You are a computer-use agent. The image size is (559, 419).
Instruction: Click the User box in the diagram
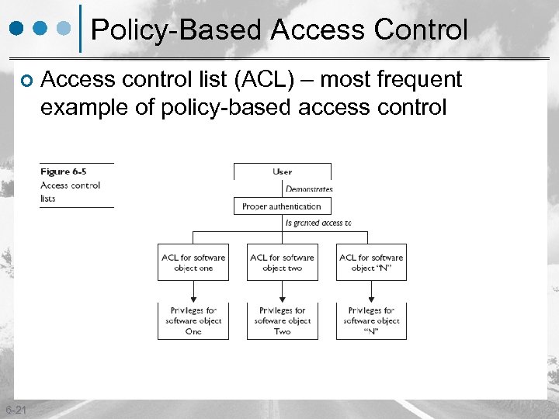click(x=283, y=171)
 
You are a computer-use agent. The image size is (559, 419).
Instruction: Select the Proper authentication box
click(x=282, y=206)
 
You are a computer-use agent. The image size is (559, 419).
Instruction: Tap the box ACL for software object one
click(x=193, y=262)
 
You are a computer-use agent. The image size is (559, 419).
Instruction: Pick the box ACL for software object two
click(x=283, y=262)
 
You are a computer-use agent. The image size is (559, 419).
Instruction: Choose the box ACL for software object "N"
click(x=371, y=262)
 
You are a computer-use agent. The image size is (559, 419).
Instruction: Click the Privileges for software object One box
click(x=193, y=320)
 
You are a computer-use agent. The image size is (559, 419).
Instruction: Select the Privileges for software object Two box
click(x=283, y=320)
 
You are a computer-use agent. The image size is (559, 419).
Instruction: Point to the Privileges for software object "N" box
click(x=371, y=320)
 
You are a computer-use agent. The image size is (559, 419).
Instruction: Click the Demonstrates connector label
click(x=309, y=189)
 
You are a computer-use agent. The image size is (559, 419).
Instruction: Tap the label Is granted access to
click(x=318, y=223)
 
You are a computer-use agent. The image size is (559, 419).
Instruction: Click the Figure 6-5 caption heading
click(x=63, y=171)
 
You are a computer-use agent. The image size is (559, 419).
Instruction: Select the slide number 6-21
click(x=15, y=410)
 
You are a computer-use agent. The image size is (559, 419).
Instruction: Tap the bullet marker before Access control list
click(x=26, y=81)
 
